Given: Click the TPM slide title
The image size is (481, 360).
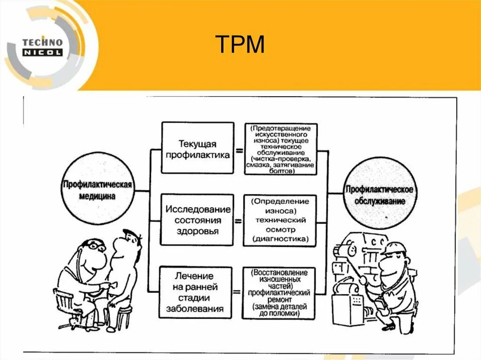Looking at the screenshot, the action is pyautogui.click(x=240, y=45).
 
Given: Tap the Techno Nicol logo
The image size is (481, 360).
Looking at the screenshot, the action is pyautogui.click(x=42, y=47).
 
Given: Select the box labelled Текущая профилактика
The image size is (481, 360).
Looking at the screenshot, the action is pyautogui.click(x=197, y=148).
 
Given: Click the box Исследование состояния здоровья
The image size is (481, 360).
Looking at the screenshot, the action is pyautogui.click(x=197, y=220).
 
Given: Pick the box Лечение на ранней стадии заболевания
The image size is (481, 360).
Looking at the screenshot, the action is pyautogui.click(x=196, y=292).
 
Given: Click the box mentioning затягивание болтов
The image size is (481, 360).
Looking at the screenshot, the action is pyautogui.click(x=280, y=148).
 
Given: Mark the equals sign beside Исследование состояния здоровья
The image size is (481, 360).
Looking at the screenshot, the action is pyautogui.click(x=238, y=220).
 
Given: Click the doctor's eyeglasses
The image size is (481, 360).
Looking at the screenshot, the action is pyautogui.click(x=96, y=245).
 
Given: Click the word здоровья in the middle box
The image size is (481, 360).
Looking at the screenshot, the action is pyautogui.click(x=197, y=231).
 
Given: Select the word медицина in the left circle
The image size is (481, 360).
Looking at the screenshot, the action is pyautogui.click(x=98, y=197).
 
